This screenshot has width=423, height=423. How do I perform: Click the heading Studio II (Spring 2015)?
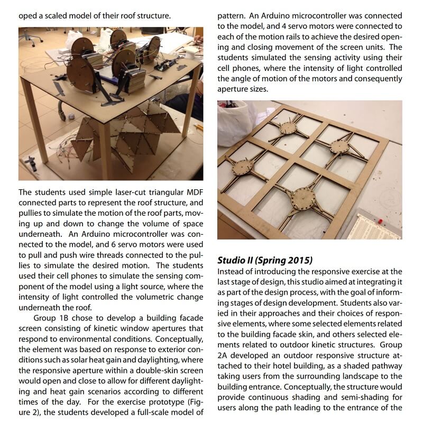coord(265,260)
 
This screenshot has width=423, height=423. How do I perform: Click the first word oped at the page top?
coord(27,16)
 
